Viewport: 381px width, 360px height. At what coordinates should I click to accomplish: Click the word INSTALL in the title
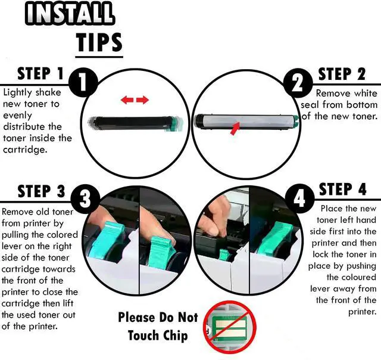click(x=69, y=13)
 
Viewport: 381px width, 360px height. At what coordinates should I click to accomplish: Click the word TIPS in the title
click(x=99, y=42)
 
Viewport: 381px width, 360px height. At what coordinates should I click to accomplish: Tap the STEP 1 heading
click(x=40, y=74)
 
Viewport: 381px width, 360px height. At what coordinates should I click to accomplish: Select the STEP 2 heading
click(x=342, y=74)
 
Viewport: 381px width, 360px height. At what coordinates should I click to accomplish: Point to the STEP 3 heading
click(x=41, y=191)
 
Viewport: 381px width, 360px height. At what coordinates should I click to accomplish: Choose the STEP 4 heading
click(x=342, y=189)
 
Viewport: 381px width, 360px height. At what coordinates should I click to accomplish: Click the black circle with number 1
click(x=83, y=83)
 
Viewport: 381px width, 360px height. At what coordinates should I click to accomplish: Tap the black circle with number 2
click(x=298, y=83)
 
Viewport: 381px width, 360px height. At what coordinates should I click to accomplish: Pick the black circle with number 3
click(x=85, y=199)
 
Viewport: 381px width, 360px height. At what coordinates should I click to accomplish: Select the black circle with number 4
click(x=299, y=198)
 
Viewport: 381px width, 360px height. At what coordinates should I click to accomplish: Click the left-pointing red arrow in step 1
click(x=127, y=100)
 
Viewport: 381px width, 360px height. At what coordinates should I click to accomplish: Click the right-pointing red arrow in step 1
click(x=142, y=100)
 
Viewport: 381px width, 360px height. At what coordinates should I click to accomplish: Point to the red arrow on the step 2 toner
click(x=235, y=128)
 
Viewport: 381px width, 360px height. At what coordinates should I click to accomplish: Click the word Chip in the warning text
click(x=176, y=336)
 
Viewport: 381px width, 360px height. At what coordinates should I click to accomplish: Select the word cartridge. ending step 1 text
click(x=25, y=150)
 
